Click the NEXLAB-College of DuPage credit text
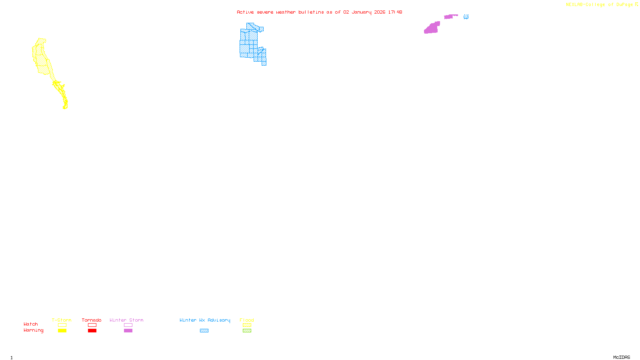coord(599,5)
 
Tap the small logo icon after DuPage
coord(636,4)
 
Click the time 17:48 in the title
coord(395,12)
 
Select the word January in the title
coord(361,12)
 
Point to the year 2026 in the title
coord(380,12)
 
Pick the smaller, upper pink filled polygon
coord(450,16)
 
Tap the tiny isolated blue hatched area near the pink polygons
coord(466,17)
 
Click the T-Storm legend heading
coord(62,320)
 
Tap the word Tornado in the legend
coord(92,320)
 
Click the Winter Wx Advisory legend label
coord(205,320)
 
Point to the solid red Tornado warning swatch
coord(92,330)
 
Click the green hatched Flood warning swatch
coord(247,330)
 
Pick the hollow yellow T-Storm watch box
coord(62,325)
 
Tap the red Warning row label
coord(33,330)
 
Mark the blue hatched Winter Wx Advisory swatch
coord(204,330)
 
